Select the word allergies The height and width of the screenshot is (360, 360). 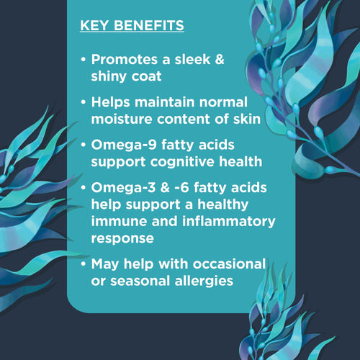click(x=199, y=280)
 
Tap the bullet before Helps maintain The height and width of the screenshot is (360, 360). click(x=85, y=102)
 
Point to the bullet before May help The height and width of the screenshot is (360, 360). click(x=85, y=264)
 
